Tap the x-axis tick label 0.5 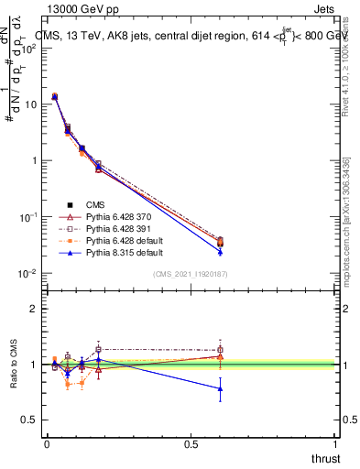(x=191, y=444)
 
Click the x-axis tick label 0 (x=47, y=444)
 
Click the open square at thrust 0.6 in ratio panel (x=220, y=350)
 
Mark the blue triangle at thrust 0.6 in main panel (x=220, y=251)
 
